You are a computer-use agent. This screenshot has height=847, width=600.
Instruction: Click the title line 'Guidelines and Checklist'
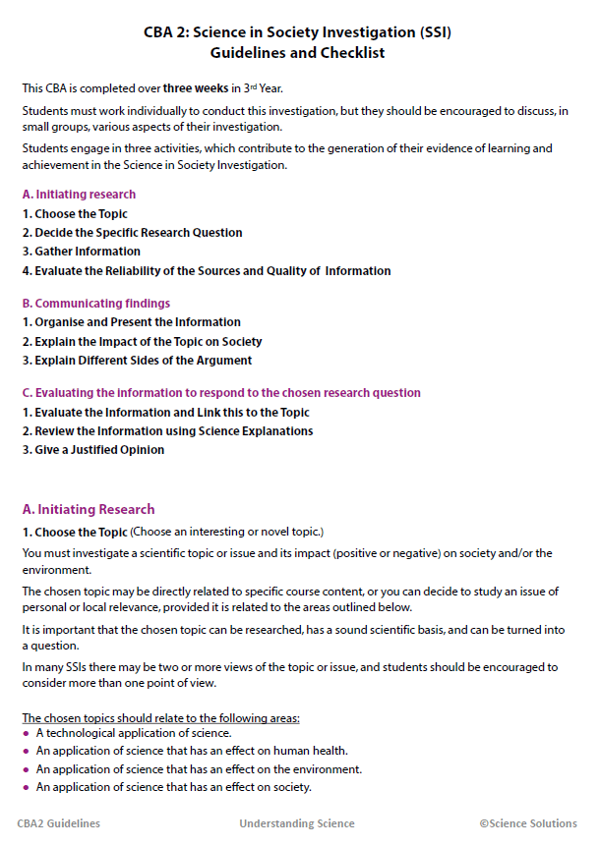pyautogui.click(x=299, y=53)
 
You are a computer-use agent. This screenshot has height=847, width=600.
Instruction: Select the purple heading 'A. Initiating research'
pyautogui.click(x=79, y=195)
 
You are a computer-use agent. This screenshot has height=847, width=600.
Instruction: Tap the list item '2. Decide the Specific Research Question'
pyautogui.click(x=132, y=233)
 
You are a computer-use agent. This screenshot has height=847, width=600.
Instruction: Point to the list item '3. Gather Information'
pyautogui.click(x=82, y=252)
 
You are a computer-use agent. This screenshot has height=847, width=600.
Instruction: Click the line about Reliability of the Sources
pyautogui.click(x=207, y=271)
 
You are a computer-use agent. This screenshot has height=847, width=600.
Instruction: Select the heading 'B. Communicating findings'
pyautogui.click(x=95, y=304)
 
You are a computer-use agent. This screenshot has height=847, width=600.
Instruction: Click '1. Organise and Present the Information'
pyautogui.click(x=132, y=322)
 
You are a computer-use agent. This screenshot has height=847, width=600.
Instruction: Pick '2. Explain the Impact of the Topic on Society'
pyautogui.click(x=143, y=342)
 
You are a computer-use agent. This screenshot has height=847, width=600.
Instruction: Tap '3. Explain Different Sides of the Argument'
pyautogui.click(x=137, y=361)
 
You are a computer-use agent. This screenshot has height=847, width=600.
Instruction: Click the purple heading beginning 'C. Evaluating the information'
pyautogui.click(x=221, y=393)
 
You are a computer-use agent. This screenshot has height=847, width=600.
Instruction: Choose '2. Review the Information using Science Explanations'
pyautogui.click(x=168, y=431)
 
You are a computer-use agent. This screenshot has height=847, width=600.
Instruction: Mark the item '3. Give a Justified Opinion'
pyautogui.click(x=93, y=450)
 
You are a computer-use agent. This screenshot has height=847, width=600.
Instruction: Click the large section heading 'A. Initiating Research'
pyautogui.click(x=89, y=510)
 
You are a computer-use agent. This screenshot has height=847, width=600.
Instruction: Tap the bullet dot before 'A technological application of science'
pyautogui.click(x=26, y=734)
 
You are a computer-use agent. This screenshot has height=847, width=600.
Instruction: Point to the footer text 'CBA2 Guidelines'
pyautogui.click(x=59, y=824)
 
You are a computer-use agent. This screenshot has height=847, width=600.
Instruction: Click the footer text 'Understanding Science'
pyautogui.click(x=297, y=824)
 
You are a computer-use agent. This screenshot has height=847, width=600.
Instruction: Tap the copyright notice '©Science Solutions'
pyautogui.click(x=528, y=824)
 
